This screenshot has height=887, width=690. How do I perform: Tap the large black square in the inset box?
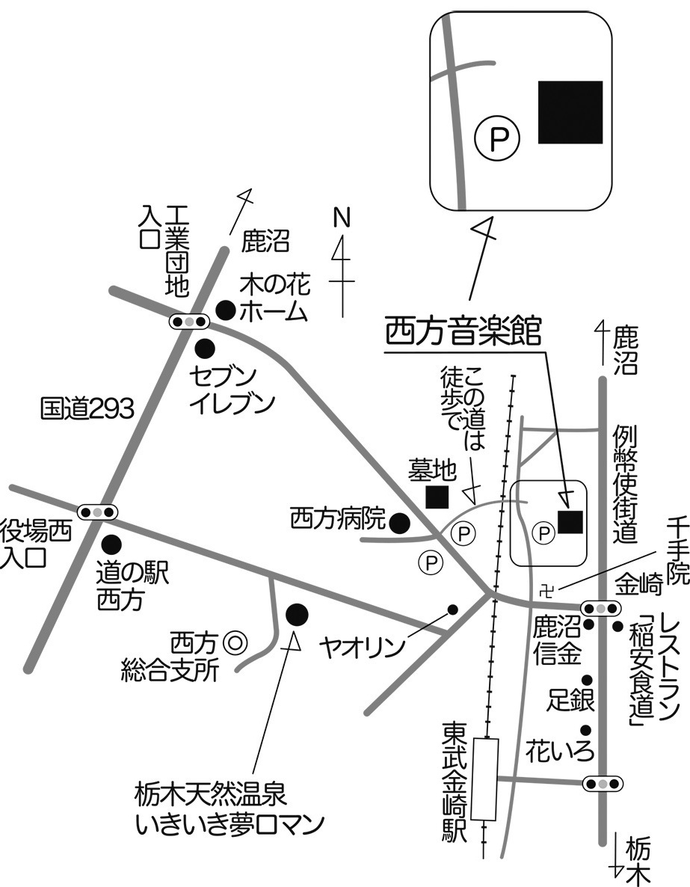570,112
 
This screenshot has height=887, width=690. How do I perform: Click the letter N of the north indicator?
341,218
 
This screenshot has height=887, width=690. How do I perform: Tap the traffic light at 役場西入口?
99,513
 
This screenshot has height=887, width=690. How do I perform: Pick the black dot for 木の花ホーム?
225,309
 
